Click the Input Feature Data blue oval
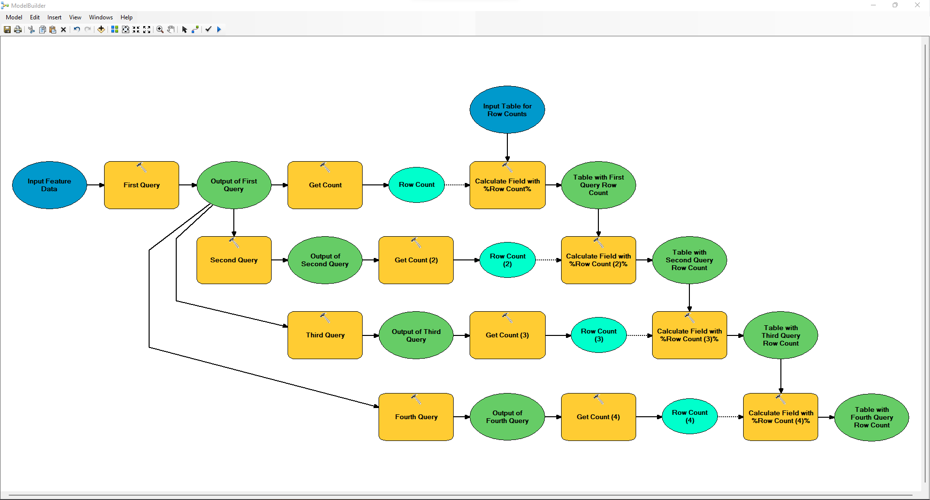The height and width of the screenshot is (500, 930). point(49,185)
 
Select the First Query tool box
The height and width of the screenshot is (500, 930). point(141,185)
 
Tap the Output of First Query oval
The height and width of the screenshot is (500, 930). point(234,185)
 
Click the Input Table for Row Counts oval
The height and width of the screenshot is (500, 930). point(507,110)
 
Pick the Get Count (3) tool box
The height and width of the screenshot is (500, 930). point(507,335)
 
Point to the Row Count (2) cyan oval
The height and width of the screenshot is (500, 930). point(507,260)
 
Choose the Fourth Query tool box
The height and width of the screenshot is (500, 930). point(416,417)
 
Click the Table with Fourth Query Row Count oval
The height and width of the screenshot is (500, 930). point(871,417)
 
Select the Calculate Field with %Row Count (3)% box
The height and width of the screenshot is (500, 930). point(689,335)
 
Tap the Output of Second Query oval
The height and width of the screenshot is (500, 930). point(325,260)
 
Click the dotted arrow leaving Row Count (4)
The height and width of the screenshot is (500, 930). point(730,417)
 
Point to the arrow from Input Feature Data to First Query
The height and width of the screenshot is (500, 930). point(95,185)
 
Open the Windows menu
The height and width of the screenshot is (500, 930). point(101,17)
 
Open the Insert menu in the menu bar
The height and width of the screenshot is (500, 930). point(54,17)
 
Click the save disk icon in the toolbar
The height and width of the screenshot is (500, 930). point(7,30)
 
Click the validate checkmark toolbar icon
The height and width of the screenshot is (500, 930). point(208,29)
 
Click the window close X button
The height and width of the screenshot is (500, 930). point(917,5)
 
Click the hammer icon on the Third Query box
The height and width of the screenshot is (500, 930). point(325,318)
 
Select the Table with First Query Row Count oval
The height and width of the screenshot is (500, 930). point(598,185)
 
